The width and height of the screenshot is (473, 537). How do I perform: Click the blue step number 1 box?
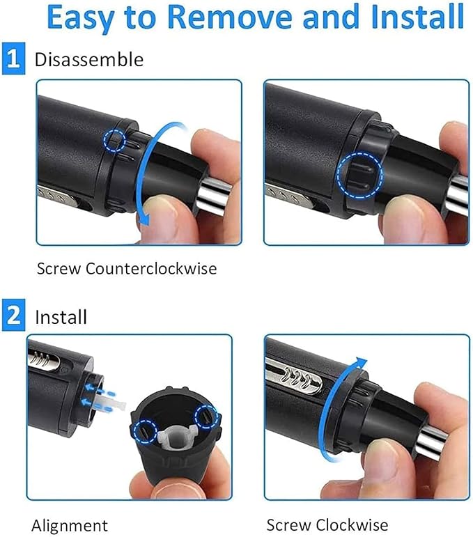tap(13, 59)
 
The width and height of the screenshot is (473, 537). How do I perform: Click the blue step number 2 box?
tap(13, 315)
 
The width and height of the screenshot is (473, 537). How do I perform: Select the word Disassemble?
tap(89, 59)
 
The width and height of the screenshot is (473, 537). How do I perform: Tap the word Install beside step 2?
tap(61, 317)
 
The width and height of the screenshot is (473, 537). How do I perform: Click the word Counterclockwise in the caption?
tap(151, 268)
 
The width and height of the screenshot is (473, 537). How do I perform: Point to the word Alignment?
tap(70, 525)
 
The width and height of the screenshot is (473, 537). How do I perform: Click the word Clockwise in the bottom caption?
tap(352, 524)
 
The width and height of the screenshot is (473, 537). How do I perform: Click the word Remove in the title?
tap(230, 17)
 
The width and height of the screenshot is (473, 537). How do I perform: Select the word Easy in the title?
tap(80, 18)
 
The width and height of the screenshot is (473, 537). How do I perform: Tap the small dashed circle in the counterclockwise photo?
tap(115, 140)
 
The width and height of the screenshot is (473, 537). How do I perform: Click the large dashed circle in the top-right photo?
tap(359, 175)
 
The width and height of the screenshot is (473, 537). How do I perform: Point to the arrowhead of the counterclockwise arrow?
tap(145, 218)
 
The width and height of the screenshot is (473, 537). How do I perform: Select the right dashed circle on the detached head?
tap(206, 417)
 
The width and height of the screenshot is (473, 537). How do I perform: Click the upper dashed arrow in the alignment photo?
tap(99, 389)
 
